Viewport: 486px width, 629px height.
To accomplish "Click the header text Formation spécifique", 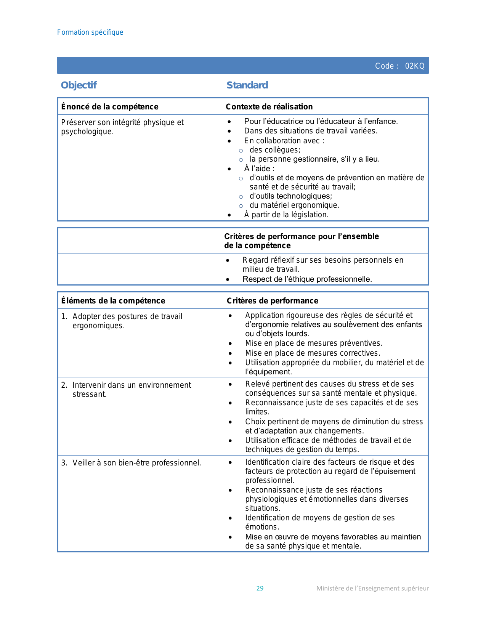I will tap(90, 32).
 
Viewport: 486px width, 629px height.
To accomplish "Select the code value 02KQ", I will tap(415, 66).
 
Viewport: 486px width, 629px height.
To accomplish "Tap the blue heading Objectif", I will tap(79, 85).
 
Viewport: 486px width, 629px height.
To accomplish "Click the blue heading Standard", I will tap(247, 85).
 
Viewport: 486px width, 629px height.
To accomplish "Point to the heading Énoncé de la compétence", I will tap(110, 107).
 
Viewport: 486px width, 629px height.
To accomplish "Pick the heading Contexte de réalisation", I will tap(269, 107).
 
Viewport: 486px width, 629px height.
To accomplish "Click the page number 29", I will tap(260, 588).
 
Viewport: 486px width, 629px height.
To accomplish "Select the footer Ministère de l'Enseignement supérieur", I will tap(372, 588).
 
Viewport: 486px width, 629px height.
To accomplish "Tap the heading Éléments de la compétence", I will tap(113, 301).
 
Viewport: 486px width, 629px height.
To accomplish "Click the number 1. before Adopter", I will tap(64, 317).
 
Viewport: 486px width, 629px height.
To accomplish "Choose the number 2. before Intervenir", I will tap(64, 385).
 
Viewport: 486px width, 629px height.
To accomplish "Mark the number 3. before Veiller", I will tap(64, 463).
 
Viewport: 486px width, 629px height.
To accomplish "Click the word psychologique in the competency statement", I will tap(87, 132).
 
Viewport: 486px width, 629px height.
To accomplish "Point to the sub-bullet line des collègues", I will tap(275, 150).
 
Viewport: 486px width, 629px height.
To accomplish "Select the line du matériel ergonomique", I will tap(294, 205).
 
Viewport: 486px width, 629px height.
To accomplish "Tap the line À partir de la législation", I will tap(286, 215).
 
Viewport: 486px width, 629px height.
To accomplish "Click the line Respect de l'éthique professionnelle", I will tap(307, 279).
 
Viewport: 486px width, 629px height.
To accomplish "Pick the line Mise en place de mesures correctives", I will tap(313, 353).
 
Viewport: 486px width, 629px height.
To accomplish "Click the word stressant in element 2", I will tap(90, 395).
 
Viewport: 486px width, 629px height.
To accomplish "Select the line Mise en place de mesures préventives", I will tap(314, 343).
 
